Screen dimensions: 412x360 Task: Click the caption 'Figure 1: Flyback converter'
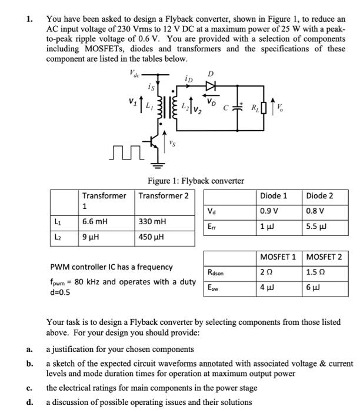coord(195,181)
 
